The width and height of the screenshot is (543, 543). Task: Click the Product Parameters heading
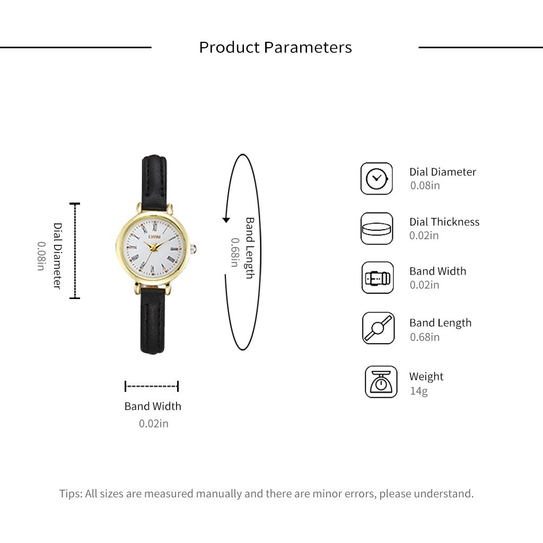coord(275,47)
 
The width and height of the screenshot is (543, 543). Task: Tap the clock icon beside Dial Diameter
coord(376,179)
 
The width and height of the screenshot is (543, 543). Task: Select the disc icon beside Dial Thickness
coord(376,229)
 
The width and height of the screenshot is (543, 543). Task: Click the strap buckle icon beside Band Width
coord(378,278)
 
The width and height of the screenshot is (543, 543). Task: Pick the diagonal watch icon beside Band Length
coord(378,328)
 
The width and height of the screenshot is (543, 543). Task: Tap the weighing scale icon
coord(381,382)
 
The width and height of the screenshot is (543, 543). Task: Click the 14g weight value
coord(419,391)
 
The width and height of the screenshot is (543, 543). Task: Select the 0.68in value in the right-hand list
coord(425,337)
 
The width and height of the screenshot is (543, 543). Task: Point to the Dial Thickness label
coord(444,222)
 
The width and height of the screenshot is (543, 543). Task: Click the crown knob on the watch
coord(193,249)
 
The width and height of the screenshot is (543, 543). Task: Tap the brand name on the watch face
coord(154,237)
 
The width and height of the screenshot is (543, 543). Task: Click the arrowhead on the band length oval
coord(226,220)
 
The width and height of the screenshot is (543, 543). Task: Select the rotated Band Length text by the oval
coord(250,248)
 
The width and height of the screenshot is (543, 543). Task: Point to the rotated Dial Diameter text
coord(57,256)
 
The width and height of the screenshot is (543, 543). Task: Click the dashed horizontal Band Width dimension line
coord(152,386)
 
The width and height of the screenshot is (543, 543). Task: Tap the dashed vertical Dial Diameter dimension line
coord(75,251)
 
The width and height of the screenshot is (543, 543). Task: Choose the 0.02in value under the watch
coord(153,424)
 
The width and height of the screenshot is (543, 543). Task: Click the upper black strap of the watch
coord(154,183)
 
